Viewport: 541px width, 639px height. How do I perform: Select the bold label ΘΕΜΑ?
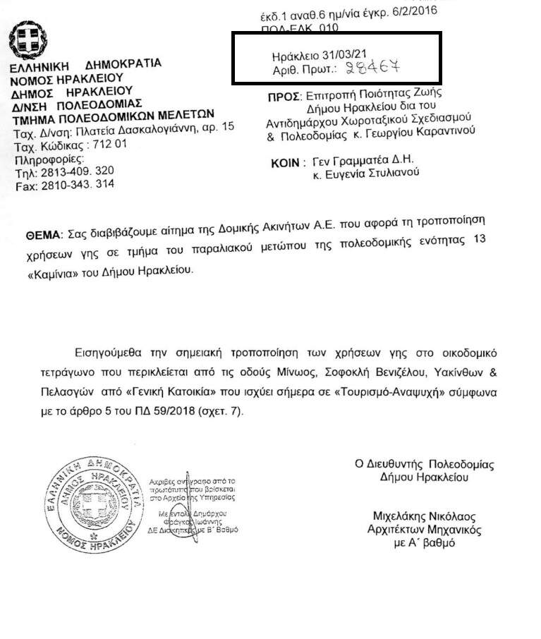point(43,233)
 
